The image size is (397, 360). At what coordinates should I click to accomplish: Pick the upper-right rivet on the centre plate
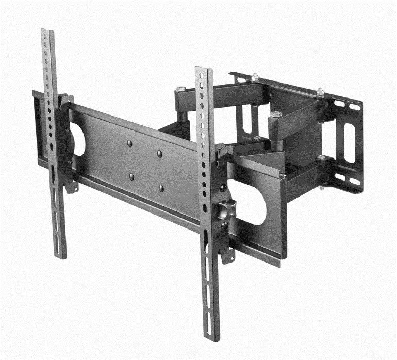tap(160, 154)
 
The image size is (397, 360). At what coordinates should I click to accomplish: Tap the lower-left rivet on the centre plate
tap(131, 176)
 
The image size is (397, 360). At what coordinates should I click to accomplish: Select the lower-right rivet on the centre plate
tap(161, 188)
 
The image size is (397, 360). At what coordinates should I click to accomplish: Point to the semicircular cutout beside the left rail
tap(78, 139)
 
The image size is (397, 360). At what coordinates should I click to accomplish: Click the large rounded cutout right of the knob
tap(252, 202)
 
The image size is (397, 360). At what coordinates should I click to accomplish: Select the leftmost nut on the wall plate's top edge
tap(255, 77)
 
